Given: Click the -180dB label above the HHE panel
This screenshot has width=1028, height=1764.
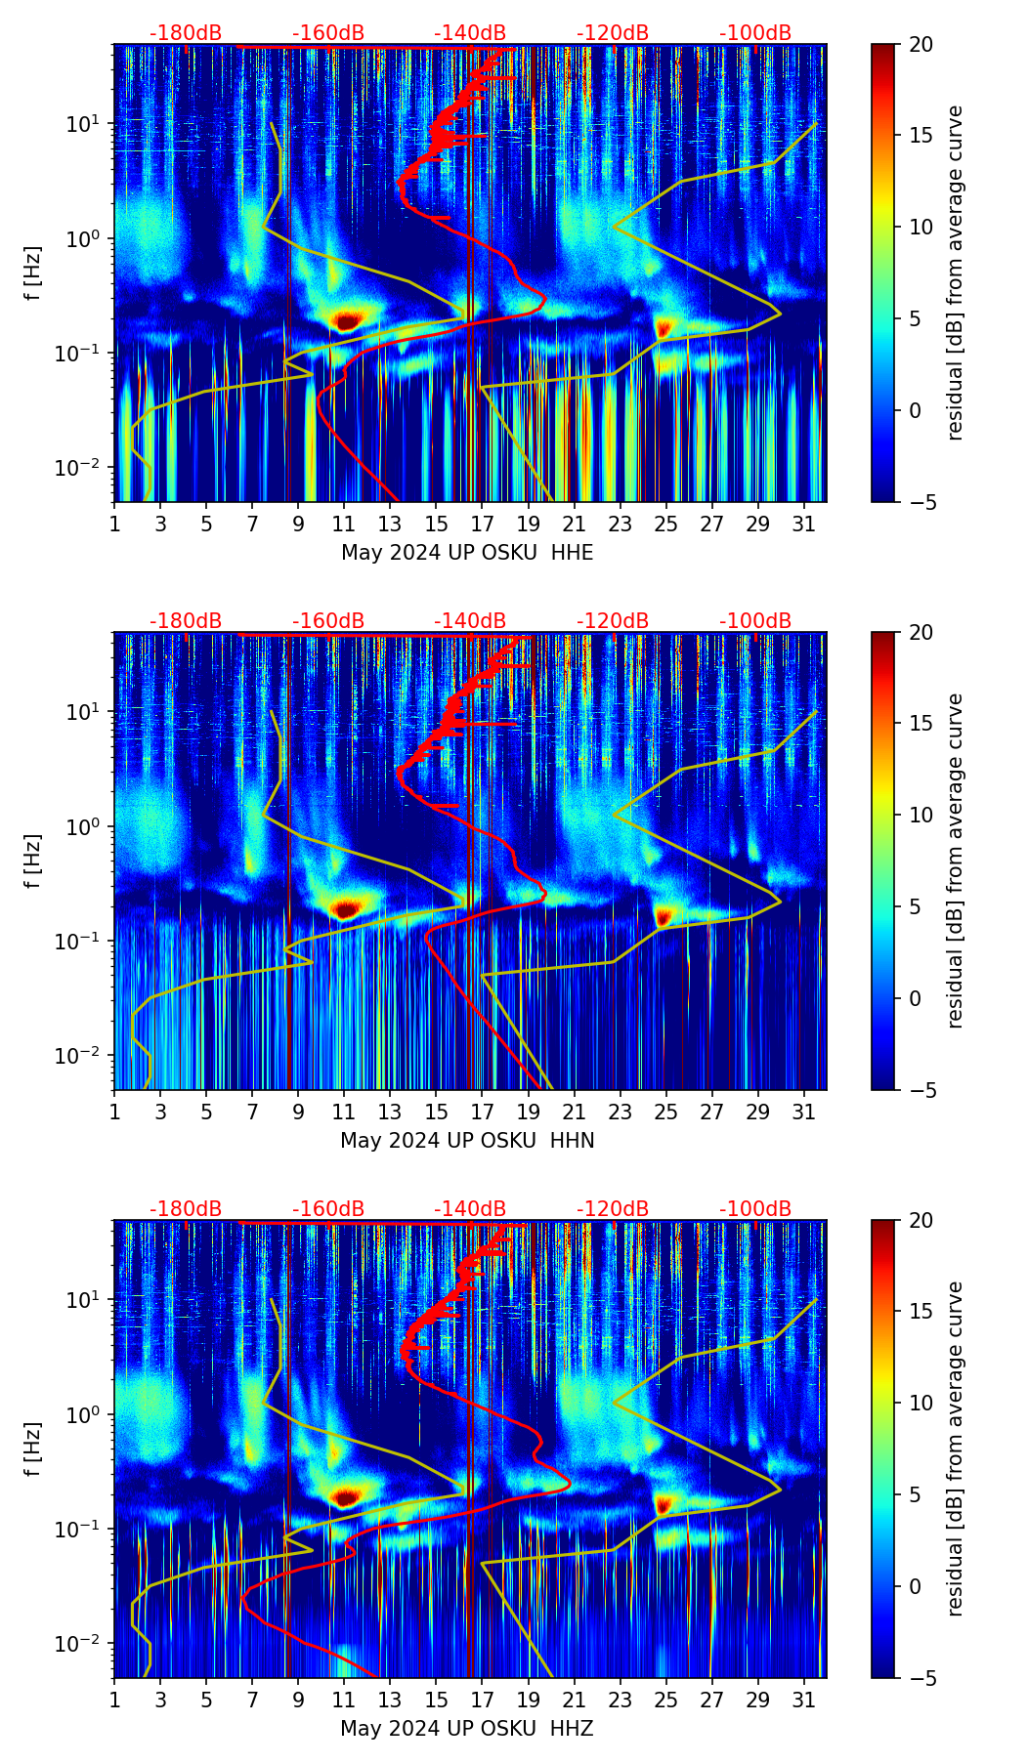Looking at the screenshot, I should click(x=186, y=33).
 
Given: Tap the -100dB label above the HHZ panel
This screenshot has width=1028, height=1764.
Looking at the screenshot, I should click(x=755, y=1209).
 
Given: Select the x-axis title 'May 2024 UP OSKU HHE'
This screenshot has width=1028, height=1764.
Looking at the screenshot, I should click(x=467, y=552).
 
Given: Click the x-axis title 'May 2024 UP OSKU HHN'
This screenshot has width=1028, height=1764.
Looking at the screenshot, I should click(x=467, y=1140).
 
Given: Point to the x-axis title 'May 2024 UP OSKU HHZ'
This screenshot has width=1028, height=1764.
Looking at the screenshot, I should click(x=467, y=1728).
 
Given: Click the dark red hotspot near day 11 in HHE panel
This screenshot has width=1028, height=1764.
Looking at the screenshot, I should click(x=347, y=319).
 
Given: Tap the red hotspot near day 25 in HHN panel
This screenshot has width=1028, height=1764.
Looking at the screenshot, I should click(x=664, y=916).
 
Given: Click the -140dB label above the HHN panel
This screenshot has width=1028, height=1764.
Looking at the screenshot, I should click(x=470, y=621).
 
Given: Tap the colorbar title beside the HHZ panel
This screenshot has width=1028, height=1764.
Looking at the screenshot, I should click(x=956, y=1449).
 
